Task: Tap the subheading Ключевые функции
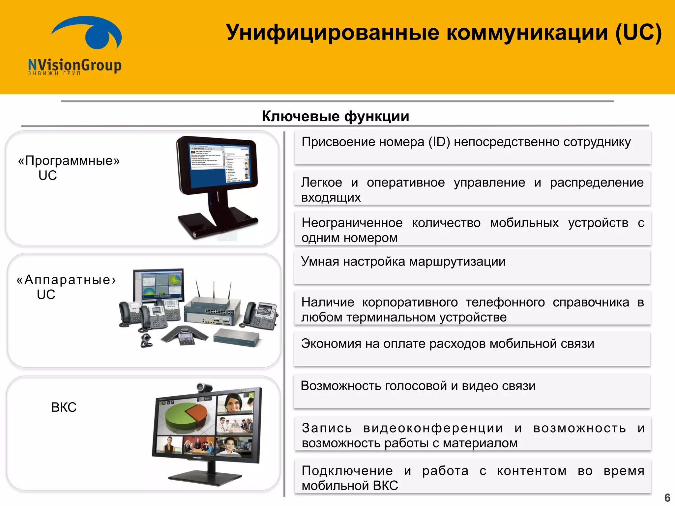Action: (335, 116)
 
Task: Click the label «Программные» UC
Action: (68, 168)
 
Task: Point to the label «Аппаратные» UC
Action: (65, 287)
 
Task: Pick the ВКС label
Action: (64, 408)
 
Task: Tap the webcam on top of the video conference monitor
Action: (205, 387)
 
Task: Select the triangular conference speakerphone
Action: (185, 336)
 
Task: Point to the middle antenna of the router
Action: (214, 290)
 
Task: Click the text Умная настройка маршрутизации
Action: (403, 262)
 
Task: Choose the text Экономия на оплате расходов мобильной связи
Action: (447, 344)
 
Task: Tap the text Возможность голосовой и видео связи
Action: (418, 386)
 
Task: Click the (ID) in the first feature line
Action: (439, 142)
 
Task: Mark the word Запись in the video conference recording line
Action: (327, 428)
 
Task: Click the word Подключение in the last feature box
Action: (347, 471)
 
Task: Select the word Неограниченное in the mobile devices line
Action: (352, 223)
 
